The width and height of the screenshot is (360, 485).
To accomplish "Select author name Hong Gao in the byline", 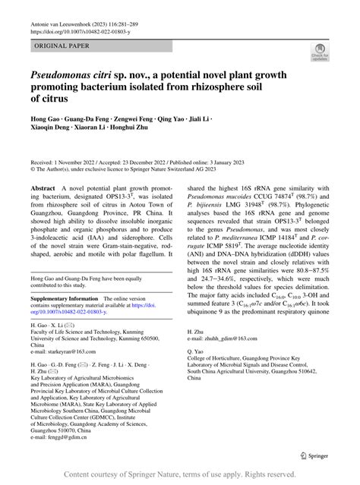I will [48, 120].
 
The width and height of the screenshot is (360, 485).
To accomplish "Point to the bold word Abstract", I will [43, 187].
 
